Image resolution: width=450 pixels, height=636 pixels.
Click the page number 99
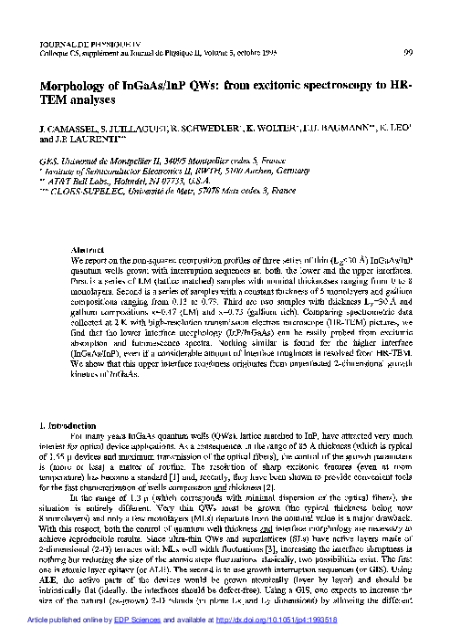point(406,51)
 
